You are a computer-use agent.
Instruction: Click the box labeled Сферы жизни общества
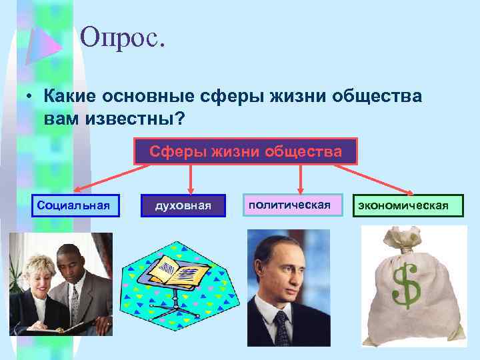tap(245, 151)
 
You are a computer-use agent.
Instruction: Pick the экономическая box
tap(409, 205)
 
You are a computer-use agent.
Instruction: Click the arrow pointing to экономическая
tap(387, 180)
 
